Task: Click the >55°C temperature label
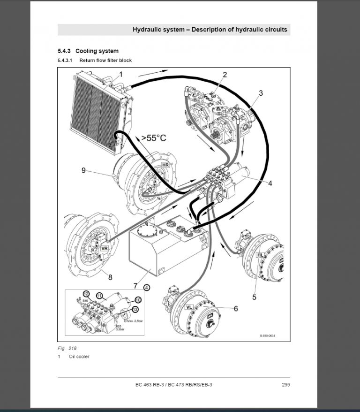point(154,138)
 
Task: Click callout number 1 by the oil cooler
point(120,74)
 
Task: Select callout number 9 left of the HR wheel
point(83,170)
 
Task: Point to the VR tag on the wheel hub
point(105,248)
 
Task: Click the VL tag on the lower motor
point(189,307)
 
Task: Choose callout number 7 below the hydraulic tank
point(135,286)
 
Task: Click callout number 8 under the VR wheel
point(110,277)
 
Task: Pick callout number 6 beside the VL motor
point(236,308)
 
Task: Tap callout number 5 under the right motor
point(255,297)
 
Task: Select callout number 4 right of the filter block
point(270,183)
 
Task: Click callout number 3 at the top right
point(261,93)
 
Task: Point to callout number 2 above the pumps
point(225,75)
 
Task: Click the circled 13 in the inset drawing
point(135,309)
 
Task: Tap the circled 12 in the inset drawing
point(86,293)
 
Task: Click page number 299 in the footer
point(285,385)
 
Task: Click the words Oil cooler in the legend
point(79,357)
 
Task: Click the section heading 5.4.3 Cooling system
point(88,51)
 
